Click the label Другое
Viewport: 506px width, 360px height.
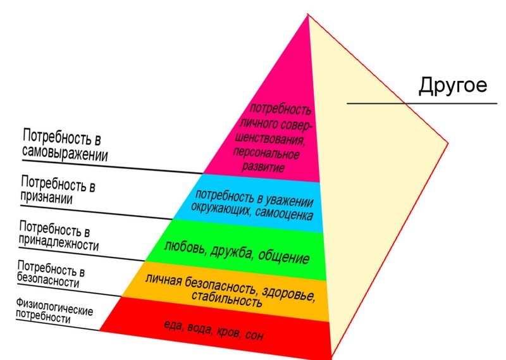pyautogui.click(x=453, y=85)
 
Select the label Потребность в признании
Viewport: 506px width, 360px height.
pyautogui.click(x=57, y=190)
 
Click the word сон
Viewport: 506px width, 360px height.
pyautogui.click(x=254, y=335)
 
